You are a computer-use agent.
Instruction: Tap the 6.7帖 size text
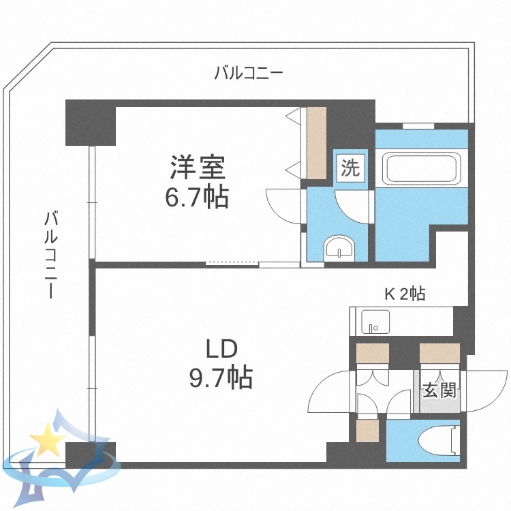coord(197,198)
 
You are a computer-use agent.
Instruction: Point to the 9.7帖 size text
coord(221,376)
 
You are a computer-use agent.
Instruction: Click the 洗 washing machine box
coord(350,168)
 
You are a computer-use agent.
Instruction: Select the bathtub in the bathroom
coord(420,168)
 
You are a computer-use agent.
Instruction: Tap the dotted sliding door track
coord(231,262)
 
